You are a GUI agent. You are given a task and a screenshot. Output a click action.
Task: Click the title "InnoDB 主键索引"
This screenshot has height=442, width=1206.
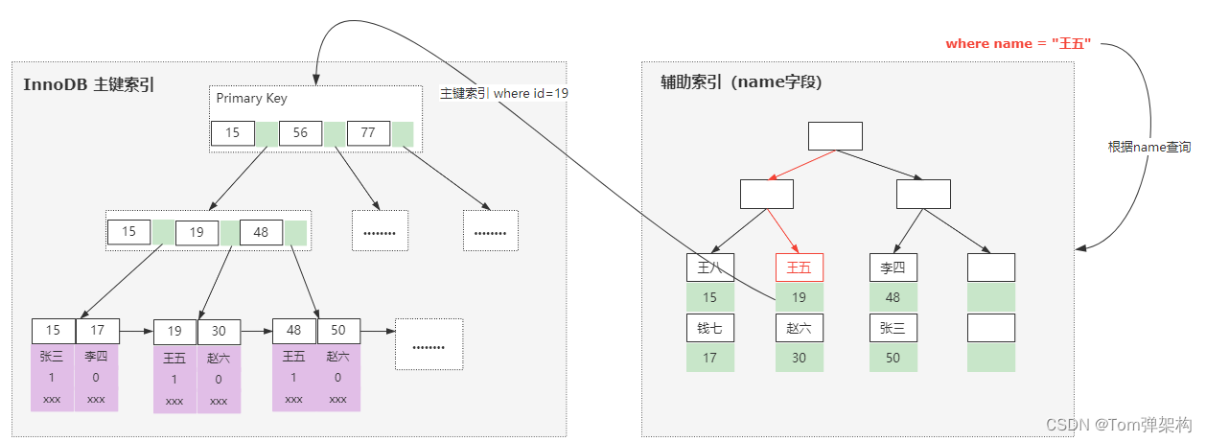click(x=89, y=84)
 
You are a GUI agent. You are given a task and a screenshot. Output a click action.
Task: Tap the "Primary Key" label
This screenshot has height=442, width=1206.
click(x=251, y=98)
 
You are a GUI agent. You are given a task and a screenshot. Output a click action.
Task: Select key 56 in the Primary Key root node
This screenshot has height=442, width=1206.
click(x=300, y=133)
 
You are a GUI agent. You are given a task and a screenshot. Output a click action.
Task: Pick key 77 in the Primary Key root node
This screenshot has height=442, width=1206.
click(x=368, y=133)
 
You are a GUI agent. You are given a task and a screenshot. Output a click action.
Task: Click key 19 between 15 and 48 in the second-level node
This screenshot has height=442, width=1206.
click(x=197, y=232)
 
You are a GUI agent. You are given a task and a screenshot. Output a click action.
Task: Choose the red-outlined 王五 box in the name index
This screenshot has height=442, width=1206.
click(x=799, y=268)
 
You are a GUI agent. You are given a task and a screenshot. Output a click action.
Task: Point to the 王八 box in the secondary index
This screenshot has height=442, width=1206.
click(x=709, y=268)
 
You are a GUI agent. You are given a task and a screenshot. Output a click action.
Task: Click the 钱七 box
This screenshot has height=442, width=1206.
click(x=709, y=328)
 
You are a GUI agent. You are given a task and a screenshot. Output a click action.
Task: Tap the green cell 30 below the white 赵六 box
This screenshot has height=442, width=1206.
click(x=799, y=358)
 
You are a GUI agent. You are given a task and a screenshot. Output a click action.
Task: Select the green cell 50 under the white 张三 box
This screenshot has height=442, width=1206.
click(x=893, y=358)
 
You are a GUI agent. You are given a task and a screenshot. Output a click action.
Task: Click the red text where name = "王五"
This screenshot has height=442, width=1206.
click(x=1018, y=44)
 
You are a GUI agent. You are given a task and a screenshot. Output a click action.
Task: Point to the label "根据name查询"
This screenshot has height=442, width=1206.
click(x=1149, y=147)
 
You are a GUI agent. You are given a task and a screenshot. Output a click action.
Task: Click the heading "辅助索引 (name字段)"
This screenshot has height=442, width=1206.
click(x=741, y=82)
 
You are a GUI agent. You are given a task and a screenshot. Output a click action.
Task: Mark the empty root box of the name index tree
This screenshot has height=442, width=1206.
click(x=835, y=136)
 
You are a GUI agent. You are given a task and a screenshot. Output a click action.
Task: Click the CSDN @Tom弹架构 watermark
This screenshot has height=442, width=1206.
click(x=1118, y=425)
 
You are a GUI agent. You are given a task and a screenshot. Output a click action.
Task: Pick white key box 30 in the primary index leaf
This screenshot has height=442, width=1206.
click(x=219, y=331)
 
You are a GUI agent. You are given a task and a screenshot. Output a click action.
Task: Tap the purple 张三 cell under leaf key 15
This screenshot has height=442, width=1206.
click(x=52, y=357)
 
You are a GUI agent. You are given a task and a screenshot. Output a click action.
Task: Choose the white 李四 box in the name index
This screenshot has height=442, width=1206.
click(x=893, y=268)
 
